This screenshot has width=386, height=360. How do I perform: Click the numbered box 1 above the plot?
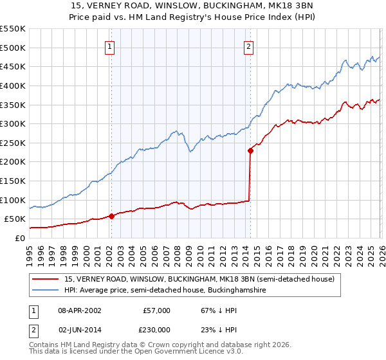coord(111,46)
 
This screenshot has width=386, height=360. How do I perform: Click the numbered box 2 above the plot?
coord(248,46)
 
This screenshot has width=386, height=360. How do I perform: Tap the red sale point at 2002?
coord(111,216)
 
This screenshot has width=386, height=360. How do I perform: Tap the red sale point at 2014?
coord(249,150)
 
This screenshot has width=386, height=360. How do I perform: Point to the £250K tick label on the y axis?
coord(13,143)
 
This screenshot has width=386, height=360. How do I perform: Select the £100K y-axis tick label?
coord(13,200)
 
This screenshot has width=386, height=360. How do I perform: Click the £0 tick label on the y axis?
coord(19,238)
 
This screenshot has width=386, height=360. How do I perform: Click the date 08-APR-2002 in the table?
coord(80,310)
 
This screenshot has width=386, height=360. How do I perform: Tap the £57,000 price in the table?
coord(156,310)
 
